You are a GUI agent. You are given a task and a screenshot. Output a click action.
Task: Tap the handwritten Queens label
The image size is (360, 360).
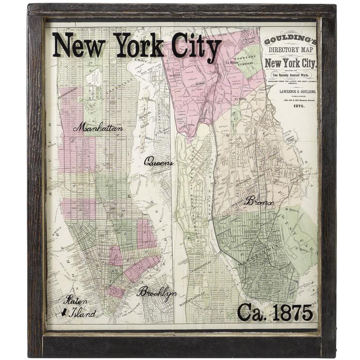(x=158, y=163)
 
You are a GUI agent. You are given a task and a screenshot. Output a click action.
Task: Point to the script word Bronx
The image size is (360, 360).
(x=259, y=202)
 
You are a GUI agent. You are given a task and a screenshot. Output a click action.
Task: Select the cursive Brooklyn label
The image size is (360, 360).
(x=157, y=292)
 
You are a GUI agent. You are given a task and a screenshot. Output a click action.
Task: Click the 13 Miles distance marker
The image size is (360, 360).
(x=242, y=99)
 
